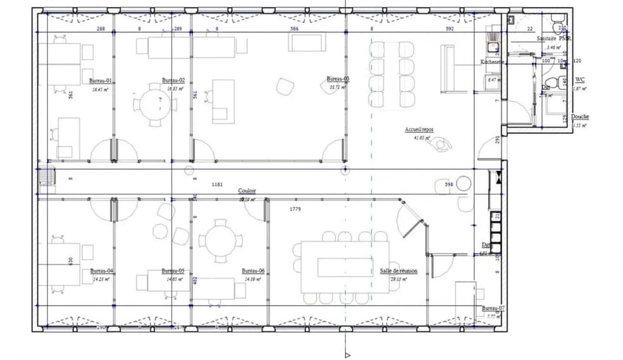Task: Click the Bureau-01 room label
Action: pos(100,82)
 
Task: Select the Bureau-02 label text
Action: pos(173,80)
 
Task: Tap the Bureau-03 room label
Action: pos(337,79)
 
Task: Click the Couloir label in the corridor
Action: pos(247,190)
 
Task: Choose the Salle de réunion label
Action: pos(398,271)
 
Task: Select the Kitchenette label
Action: pos(492,62)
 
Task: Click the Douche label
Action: pos(580,117)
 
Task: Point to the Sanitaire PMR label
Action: pos(553,39)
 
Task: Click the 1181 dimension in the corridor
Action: pos(218,184)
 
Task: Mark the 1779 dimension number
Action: pos(295,208)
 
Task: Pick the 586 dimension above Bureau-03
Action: pos(294,28)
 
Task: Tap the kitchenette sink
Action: pos(491,45)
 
